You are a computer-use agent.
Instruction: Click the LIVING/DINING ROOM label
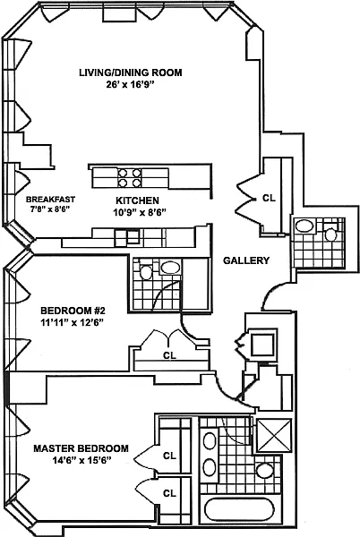pyautogui.click(x=131, y=72)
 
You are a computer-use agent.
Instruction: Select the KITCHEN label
pyautogui.click(x=137, y=200)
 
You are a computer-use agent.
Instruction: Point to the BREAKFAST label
pyautogui.click(x=50, y=199)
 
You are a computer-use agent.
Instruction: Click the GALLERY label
pyautogui.click(x=246, y=260)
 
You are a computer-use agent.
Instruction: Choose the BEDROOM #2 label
pyautogui.click(x=73, y=311)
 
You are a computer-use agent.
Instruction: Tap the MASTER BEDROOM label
pyautogui.click(x=81, y=448)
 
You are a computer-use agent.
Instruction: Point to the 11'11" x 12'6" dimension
pyautogui.click(x=73, y=322)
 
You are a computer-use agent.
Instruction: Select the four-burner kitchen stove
pyautogui.click(x=130, y=178)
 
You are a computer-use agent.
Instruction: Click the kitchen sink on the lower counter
pyautogui.click(x=128, y=236)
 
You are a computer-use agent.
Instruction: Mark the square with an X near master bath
pyautogui.click(x=274, y=435)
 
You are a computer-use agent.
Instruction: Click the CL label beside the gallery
pyautogui.click(x=269, y=198)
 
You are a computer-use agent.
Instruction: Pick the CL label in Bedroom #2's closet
pyautogui.click(x=169, y=356)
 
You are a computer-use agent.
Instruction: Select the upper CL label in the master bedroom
pyautogui.click(x=169, y=456)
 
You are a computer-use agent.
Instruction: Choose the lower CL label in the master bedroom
pyautogui.click(x=169, y=493)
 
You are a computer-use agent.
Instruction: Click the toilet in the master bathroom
pyautogui.click(x=265, y=471)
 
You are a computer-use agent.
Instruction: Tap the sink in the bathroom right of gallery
pyautogui.click(x=304, y=226)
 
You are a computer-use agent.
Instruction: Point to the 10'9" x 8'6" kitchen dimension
pyautogui.click(x=140, y=212)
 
